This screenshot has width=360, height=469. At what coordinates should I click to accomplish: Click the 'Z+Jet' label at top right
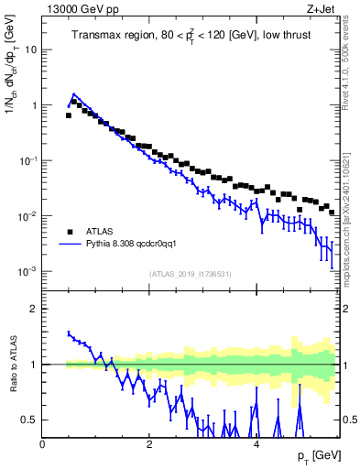pos(322,9)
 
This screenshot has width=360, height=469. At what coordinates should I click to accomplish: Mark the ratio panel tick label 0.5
pos(30,420)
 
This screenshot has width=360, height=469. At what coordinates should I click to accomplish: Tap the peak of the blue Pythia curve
pos(73,93)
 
